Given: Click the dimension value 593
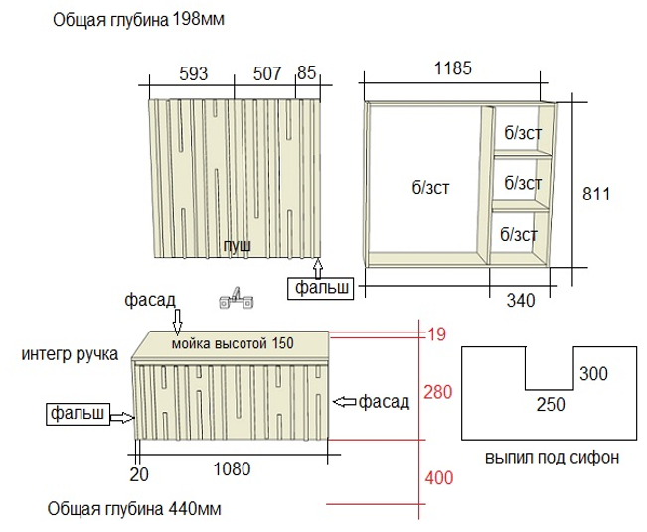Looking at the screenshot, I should [195, 72].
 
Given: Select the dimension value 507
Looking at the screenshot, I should [267, 72].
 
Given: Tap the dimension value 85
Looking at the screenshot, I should [306, 72].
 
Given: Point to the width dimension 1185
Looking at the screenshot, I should [452, 68].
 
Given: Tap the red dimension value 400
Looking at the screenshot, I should [438, 478].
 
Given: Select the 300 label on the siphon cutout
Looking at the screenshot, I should [594, 373].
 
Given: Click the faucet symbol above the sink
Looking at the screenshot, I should [235, 297].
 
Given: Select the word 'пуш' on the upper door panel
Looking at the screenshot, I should [237, 244].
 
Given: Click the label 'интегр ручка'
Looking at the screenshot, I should [68, 354].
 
